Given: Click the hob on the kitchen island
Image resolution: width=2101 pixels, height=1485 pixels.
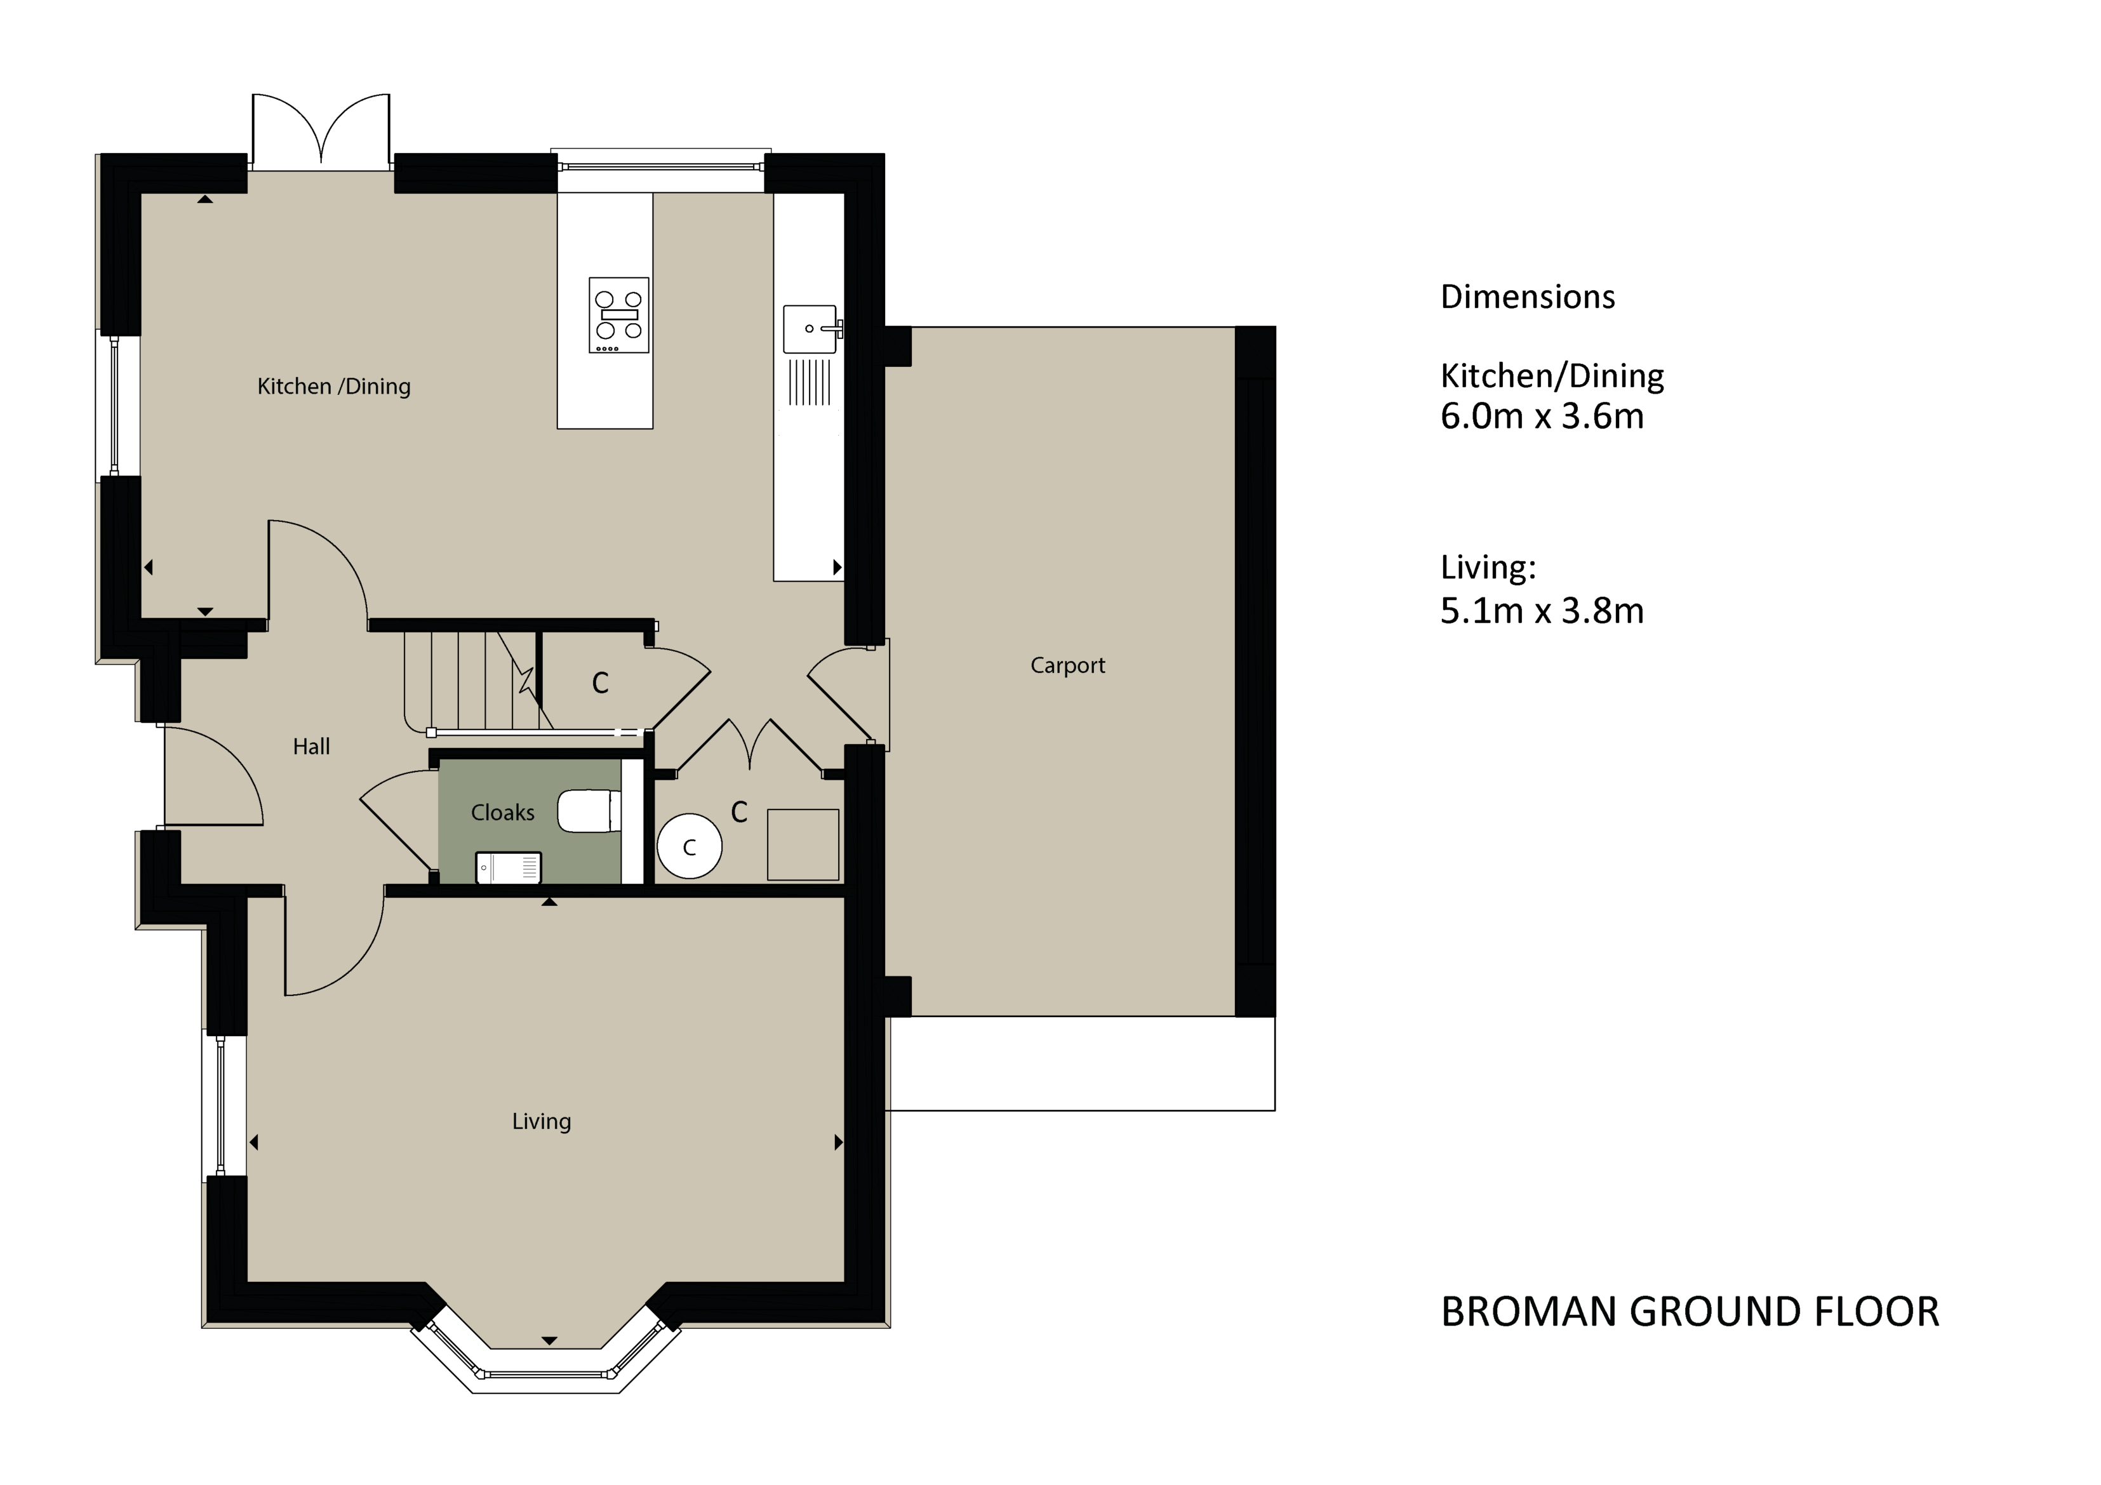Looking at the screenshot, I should [x=618, y=315].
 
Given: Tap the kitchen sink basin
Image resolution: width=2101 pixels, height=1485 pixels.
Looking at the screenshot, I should [x=810, y=330].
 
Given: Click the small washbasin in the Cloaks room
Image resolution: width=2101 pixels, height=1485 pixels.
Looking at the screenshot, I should [x=509, y=867].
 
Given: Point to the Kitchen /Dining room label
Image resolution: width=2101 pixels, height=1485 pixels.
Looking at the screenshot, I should [x=333, y=386].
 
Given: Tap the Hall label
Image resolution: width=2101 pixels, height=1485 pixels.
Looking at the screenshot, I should [x=311, y=747].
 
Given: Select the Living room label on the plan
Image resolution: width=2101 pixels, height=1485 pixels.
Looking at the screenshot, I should [x=541, y=1121].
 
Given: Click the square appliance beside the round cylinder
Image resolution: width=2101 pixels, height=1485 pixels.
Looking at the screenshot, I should [x=803, y=844].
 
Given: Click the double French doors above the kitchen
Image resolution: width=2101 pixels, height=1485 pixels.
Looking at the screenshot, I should [x=321, y=133].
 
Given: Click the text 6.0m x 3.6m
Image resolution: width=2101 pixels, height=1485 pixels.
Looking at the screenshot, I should [x=1542, y=417].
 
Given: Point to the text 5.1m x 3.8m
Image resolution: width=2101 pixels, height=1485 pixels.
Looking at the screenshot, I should [x=1542, y=611].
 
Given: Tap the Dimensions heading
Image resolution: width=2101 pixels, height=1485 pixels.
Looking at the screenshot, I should [x=1527, y=297].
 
